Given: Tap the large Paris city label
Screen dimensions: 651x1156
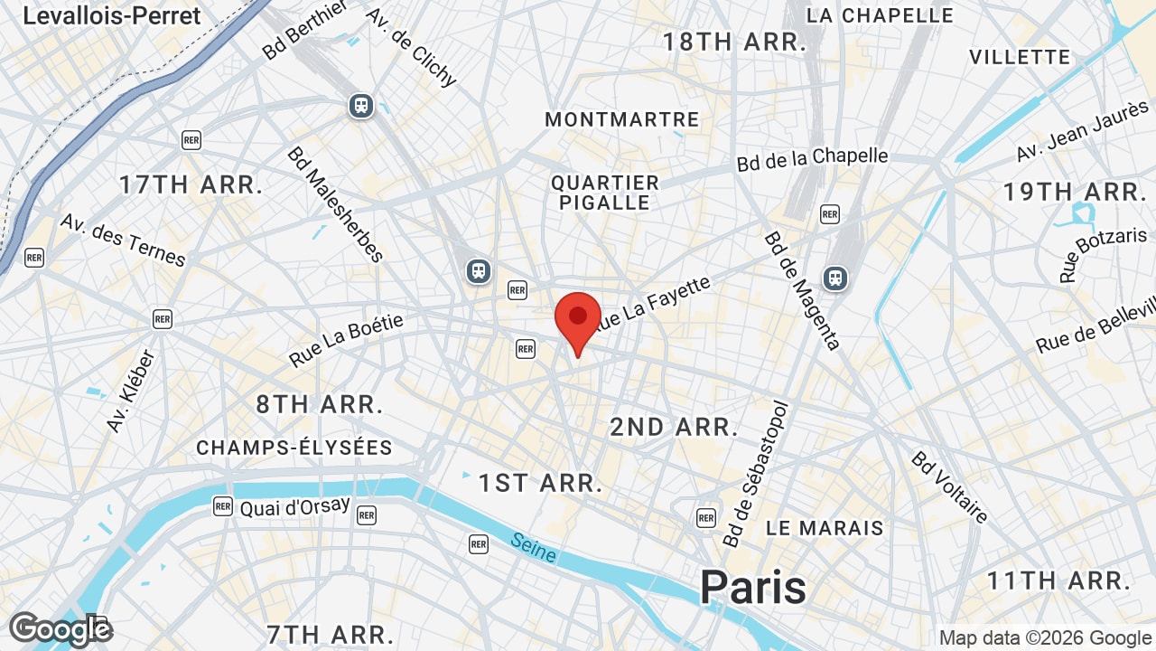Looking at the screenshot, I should [x=753, y=588].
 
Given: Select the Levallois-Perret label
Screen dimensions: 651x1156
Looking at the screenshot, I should [x=112, y=15].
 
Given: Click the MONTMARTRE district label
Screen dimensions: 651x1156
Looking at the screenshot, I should [x=622, y=119].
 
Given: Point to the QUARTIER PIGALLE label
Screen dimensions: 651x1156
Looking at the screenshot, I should [x=605, y=193].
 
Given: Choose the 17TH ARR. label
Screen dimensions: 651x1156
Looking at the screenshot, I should [x=191, y=185].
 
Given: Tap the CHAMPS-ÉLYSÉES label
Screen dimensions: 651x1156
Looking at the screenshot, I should [x=294, y=448].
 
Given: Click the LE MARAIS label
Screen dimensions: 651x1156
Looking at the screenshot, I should [x=825, y=527].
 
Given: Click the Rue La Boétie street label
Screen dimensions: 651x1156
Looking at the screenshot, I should [x=346, y=340].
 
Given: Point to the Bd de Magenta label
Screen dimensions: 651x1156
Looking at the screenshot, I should [x=802, y=290].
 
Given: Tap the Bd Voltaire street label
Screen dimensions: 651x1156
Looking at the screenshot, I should [x=949, y=486].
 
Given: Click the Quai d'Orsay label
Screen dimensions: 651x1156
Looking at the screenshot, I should [x=294, y=507].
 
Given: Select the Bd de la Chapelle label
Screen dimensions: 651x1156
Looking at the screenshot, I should [x=813, y=159].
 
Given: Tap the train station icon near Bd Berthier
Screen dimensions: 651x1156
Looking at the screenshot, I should [x=361, y=106].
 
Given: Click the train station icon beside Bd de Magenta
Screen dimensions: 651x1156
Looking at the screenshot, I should [x=835, y=278].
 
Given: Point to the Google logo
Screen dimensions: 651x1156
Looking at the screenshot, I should [x=61, y=629].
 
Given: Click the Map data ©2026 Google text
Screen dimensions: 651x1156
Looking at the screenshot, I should [x=1045, y=638].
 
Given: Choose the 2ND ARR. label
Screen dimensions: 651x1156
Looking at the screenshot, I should [x=674, y=427].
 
